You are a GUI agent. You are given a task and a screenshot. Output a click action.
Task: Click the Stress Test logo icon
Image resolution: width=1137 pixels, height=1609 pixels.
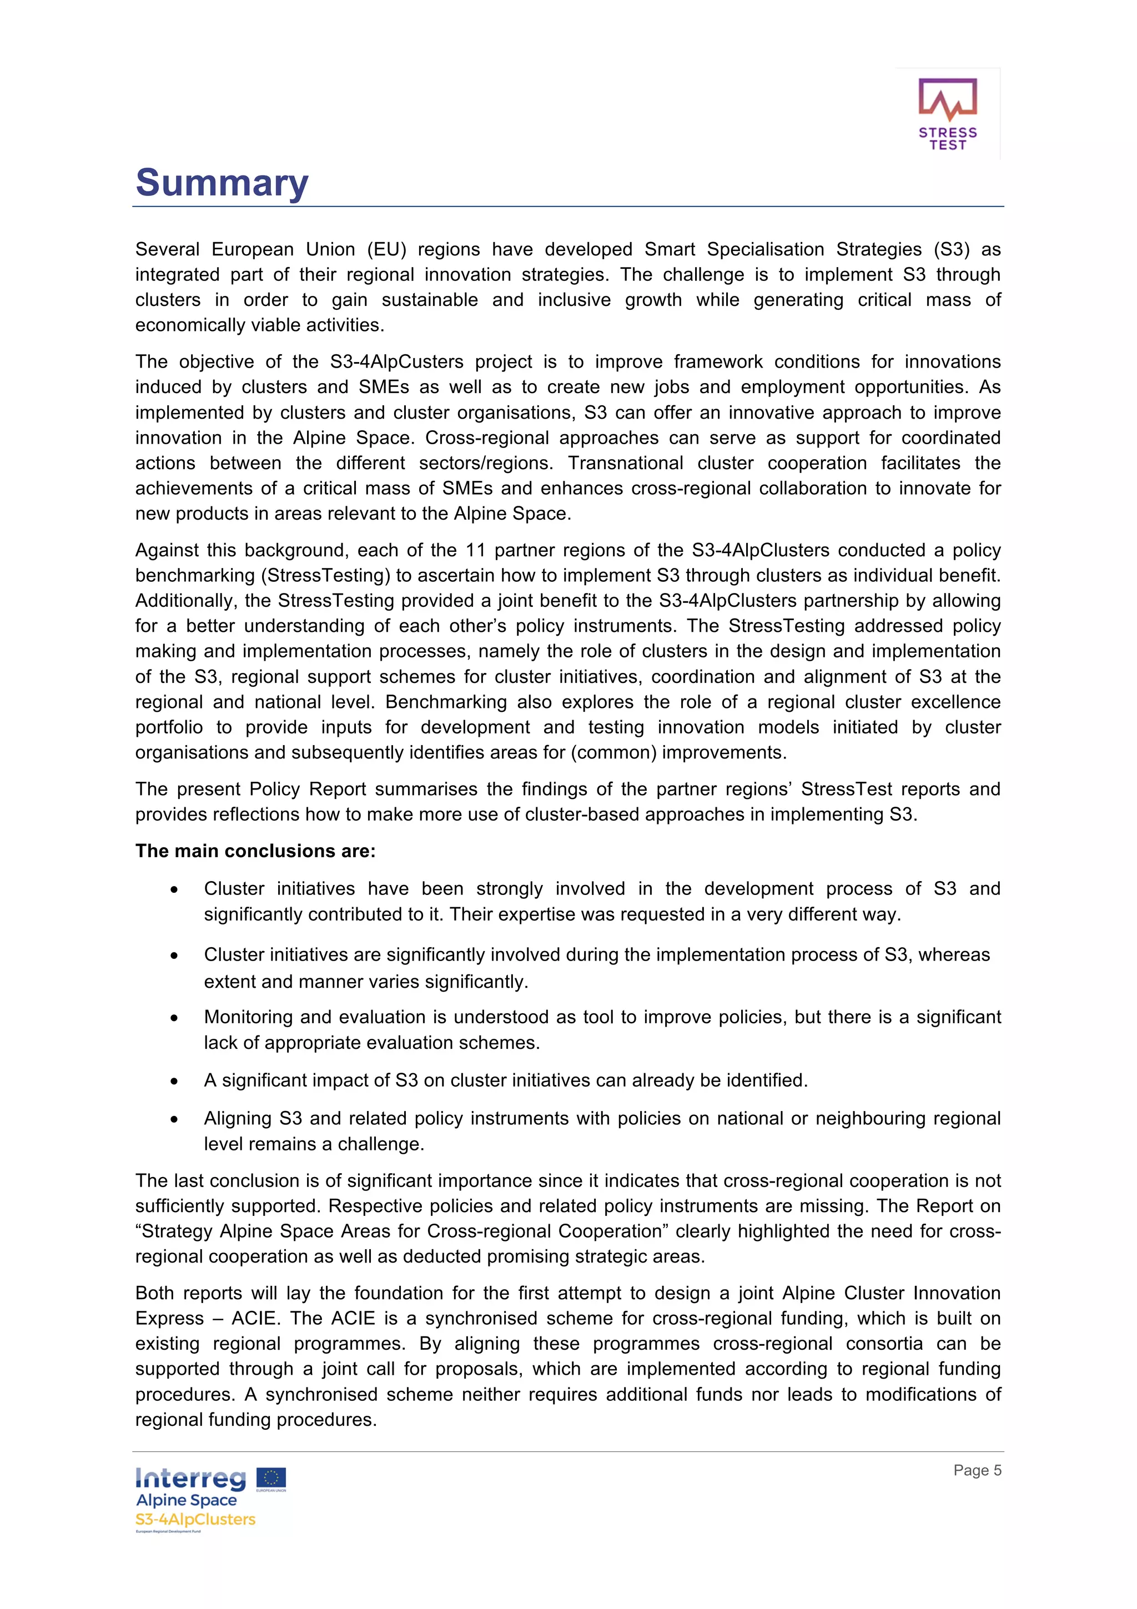(x=947, y=101)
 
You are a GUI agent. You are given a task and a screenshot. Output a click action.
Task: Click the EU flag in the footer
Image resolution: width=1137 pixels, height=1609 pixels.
(x=271, y=1478)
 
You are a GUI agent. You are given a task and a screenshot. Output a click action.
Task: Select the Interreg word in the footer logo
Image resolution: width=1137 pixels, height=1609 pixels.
(x=190, y=1479)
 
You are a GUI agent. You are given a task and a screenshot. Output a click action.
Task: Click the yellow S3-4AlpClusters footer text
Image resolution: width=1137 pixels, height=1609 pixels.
(x=195, y=1519)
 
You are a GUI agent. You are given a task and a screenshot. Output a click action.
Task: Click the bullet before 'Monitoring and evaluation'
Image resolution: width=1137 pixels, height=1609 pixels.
(x=174, y=1018)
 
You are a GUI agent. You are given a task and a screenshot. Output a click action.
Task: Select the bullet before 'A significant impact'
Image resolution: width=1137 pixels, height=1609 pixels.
(x=174, y=1082)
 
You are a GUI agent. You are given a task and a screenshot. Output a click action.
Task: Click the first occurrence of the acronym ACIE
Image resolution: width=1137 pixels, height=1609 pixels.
(x=255, y=1318)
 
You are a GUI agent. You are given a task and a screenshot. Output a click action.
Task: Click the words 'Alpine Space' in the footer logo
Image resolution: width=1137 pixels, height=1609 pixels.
(x=187, y=1500)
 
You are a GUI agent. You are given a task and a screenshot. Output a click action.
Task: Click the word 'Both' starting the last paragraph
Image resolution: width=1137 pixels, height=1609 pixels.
(x=154, y=1293)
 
